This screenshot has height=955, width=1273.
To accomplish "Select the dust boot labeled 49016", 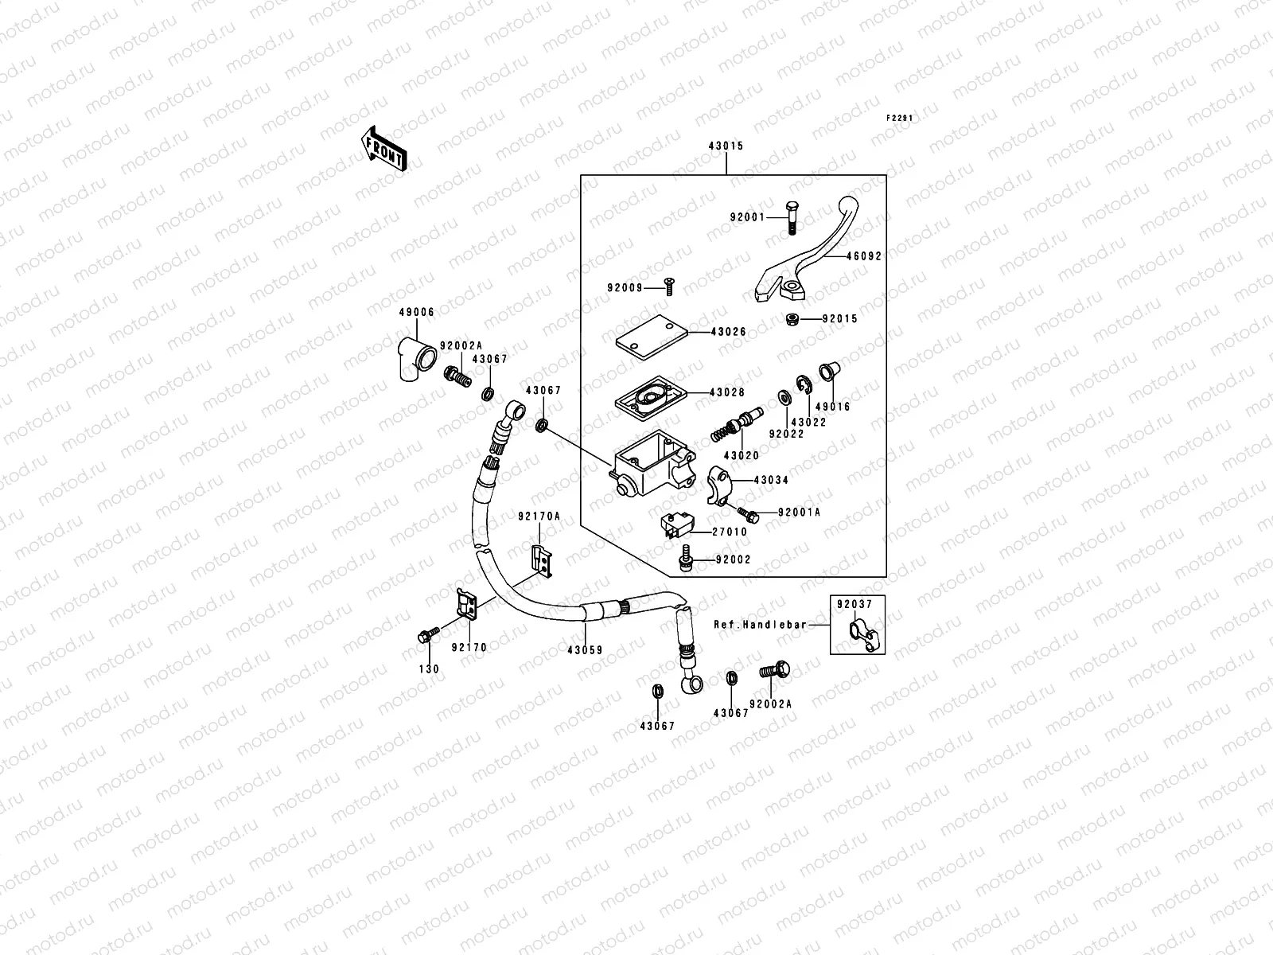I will pos(827,372).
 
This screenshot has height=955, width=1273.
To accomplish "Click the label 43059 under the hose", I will pos(585,650).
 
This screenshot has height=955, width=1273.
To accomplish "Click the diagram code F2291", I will pos(900,118).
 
